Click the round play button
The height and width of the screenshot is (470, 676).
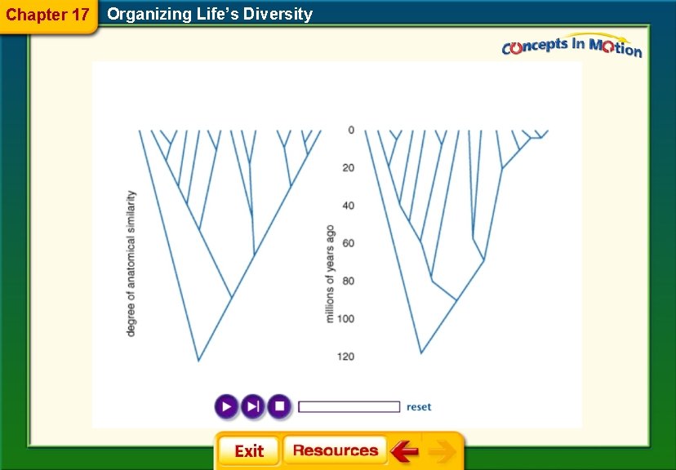tap(226, 406)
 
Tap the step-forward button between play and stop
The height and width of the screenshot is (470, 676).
tap(253, 406)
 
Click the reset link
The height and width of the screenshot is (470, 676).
tap(419, 406)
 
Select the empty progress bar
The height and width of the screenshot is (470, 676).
tap(349, 406)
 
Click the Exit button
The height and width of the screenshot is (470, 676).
tap(248, 451)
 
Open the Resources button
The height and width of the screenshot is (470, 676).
tap(335, 450)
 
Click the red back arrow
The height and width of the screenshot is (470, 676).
tap(404, 450)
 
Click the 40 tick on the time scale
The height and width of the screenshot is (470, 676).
tap(348, 206)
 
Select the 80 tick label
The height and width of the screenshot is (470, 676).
tap(348, 281)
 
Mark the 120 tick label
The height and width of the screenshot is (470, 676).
tap(346, 357)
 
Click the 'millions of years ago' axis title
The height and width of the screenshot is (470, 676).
tap(331, 273)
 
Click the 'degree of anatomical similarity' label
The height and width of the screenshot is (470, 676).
tap(131, 263)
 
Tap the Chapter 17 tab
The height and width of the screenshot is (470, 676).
tap(47, 15)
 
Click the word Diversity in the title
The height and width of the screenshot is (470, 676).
tap(278, 14)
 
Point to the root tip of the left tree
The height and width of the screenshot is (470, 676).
tap(198, 360)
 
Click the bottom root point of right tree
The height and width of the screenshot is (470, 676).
tap(421, 352)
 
